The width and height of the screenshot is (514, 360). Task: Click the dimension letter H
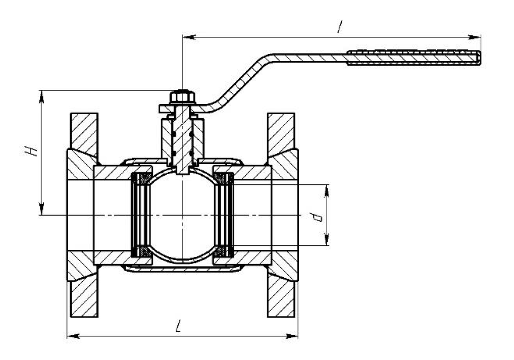pyautogui.click(x=31, y=151)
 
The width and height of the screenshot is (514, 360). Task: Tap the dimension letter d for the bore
pyautogui.click(x=317, y=217)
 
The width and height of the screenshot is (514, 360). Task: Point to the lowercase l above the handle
pyautogui.click(x=340, y=27)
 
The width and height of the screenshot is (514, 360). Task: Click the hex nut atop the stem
pyautogui.click(x=182, y=97)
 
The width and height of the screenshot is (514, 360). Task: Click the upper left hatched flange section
pyautogui.click(x=84, y=134)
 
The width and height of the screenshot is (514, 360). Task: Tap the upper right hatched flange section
pyautogui.click(x=281, y=134)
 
